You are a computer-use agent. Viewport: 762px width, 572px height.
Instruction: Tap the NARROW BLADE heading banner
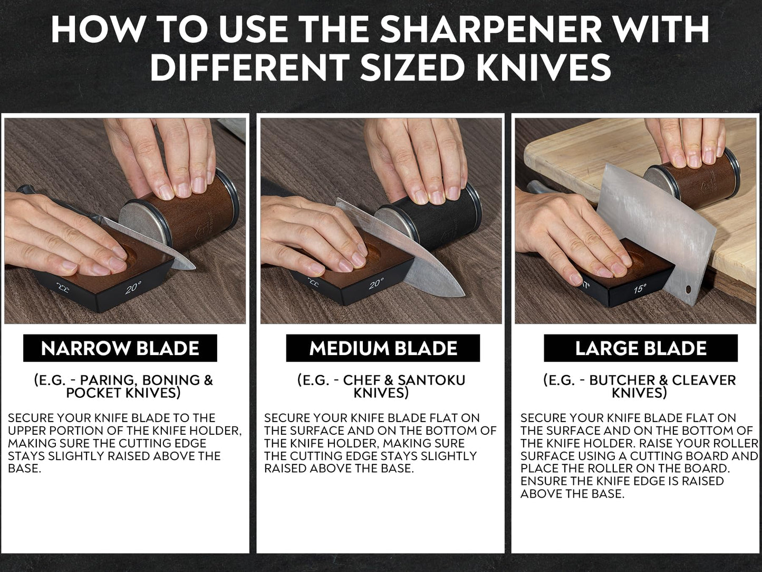(x=120, y=348)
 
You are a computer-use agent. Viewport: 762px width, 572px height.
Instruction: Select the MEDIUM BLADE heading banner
(x=383, y=348)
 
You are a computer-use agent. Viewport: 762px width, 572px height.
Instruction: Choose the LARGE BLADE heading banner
(x=641, y=348)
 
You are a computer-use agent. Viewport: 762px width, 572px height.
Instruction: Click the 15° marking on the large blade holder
(x=640, y=288)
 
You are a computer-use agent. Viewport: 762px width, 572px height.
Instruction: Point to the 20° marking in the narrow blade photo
(x=133, y=287)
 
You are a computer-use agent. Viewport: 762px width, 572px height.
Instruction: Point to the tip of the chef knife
(x=465, y=296)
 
